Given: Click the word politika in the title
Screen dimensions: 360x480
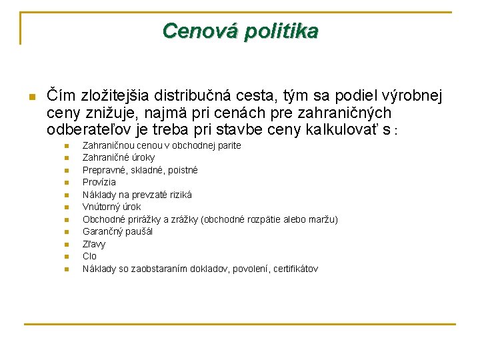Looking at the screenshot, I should [280, 31].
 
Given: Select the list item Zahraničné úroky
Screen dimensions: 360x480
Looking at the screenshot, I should [118, 157].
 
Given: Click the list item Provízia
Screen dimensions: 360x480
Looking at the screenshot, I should [99, 182].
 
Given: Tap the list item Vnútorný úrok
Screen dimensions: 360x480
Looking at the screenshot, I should [111, 207].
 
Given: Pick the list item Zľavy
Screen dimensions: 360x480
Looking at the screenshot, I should [93, 244].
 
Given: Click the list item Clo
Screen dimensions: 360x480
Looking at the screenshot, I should [89, 256].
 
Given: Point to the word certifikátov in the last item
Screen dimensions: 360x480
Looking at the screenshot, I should [295, 269].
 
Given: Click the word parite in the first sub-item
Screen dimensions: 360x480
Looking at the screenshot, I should [227, 145].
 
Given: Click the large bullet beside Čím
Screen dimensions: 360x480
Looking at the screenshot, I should [31, 97].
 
